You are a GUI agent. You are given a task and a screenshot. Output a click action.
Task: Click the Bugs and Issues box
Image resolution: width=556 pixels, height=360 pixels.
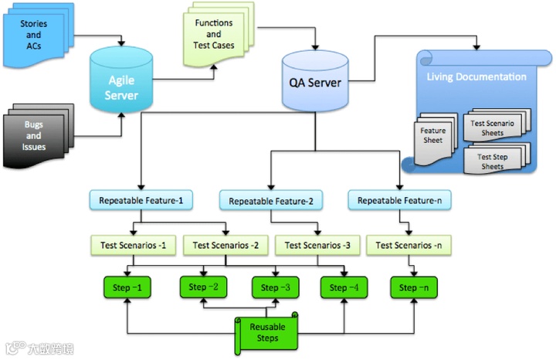(x=35, y=136)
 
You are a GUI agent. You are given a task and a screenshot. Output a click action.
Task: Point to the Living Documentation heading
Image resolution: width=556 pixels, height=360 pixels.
(x=476, y=76)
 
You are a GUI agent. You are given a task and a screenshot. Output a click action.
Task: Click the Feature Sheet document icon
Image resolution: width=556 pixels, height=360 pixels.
(x=434, y=137)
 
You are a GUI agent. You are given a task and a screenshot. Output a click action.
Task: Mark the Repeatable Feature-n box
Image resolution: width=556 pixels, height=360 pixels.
(x=399, y=200)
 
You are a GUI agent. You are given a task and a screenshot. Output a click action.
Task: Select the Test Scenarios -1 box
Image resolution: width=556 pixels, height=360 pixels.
(x=134, y=246)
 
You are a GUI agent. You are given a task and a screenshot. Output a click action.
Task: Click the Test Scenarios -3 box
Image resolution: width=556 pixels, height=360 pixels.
(x=317, y=246)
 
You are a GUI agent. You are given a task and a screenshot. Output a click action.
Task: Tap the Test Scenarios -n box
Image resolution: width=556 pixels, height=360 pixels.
(x=408, y=246)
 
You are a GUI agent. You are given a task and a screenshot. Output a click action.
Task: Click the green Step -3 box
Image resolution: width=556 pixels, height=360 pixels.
(x=275, y=288)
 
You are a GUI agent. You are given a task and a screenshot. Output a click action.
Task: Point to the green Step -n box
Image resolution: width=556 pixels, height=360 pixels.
(x=412, y=288)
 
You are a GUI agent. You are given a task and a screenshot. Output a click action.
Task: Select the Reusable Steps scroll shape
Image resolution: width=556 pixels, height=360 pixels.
(x=267, y=332)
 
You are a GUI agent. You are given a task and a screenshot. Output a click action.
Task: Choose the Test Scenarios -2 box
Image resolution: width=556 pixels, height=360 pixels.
(x=225, y=246)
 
